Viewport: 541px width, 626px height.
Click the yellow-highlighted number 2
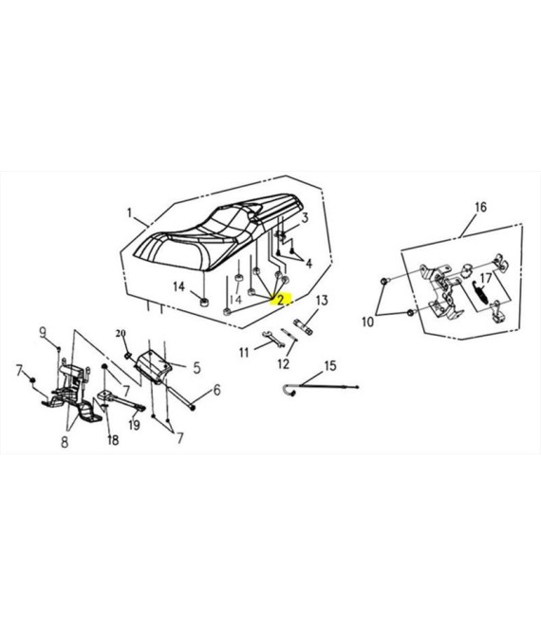[x=281, y=299]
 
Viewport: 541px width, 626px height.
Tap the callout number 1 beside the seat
[x=129, y=213]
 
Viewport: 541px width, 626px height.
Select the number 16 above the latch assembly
[x=480, y=207]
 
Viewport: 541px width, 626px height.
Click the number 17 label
[x=485, y=278]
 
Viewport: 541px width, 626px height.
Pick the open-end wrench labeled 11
[x=273, y=339]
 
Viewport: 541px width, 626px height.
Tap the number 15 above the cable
[x=330, y=366]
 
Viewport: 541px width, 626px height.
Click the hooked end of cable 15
[x=289, y=391]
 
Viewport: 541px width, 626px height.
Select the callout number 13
[x=322, y=301]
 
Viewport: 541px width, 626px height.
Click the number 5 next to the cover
[x=197, y=368]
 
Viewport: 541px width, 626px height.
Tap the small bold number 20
[x=121, y=333]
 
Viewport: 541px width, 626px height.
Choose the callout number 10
[x=367, y=322]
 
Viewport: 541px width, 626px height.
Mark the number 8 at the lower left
[x=65, y=442]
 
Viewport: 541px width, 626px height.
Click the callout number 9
[x=43, y=332]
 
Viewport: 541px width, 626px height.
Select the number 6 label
[x=217, y=390]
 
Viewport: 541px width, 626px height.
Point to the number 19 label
[x=134, y=425]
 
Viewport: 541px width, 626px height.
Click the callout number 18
[x=113, y=440]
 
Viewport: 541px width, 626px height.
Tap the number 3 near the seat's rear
[x=305, y=218]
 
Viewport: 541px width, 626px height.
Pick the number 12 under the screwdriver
[x=283, y=364]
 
